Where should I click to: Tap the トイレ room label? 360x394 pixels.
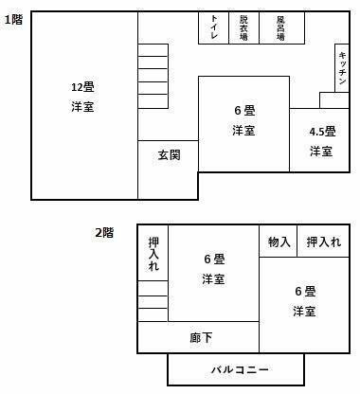coord(214,27)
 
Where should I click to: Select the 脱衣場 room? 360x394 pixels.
coord(243,27)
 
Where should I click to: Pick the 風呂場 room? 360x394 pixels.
coord(281,27)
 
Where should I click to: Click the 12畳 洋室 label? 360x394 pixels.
coord(82,97)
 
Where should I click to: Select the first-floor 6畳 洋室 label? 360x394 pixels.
coord(243,119)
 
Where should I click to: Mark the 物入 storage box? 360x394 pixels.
coord(279,242)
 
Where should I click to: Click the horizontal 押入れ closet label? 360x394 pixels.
coord(323,242)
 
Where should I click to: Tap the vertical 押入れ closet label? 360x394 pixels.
coord(153,256)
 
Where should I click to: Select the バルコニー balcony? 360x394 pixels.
coord(236,368)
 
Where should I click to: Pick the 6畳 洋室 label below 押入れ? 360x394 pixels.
coord(303,300)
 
